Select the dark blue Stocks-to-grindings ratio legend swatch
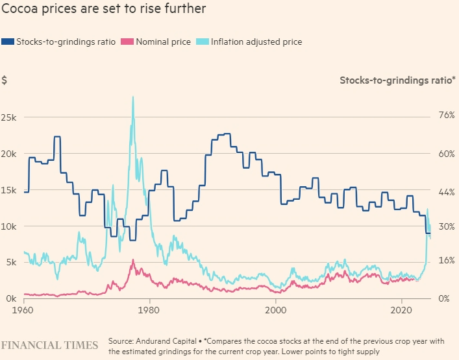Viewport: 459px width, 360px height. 7,42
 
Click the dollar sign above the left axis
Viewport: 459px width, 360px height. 5,80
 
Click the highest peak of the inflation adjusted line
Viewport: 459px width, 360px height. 133,97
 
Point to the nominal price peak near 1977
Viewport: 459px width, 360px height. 133,260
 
